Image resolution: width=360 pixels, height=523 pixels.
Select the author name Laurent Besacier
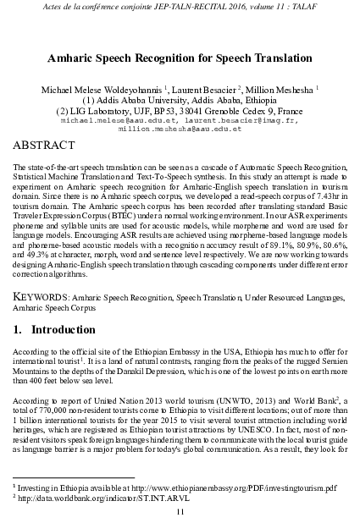pyautogui.click(x=202, y=87)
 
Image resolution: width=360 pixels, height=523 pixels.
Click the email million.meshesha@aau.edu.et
pyautogui.click(x=180, y=129)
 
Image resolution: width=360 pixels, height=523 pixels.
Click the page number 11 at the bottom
pyautogui.click(x=180, y=513)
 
